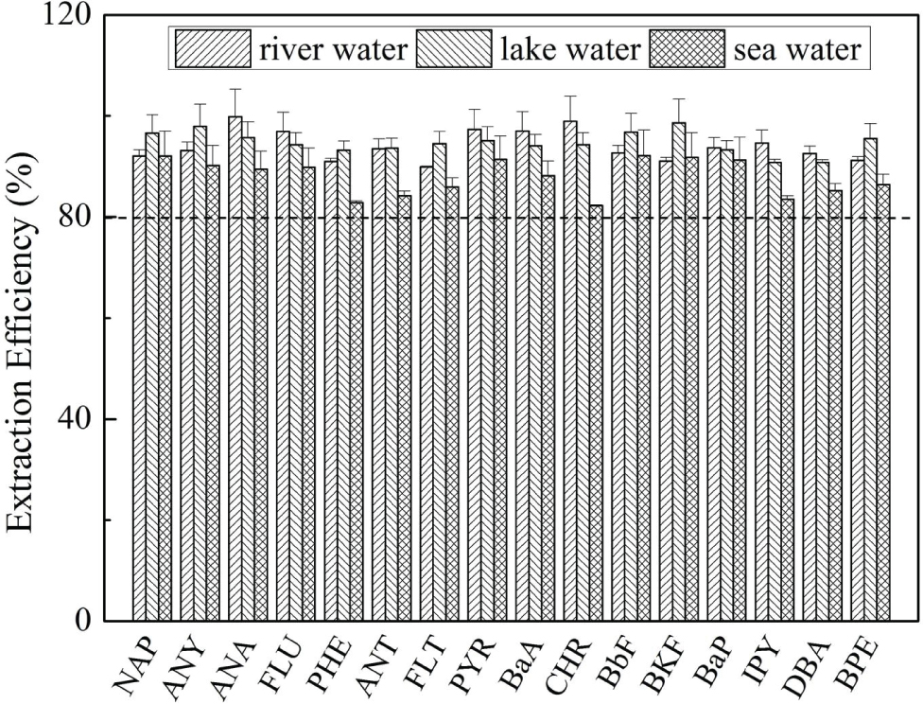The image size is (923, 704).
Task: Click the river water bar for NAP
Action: point(139,388)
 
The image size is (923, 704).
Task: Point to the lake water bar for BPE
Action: point(870,379)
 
